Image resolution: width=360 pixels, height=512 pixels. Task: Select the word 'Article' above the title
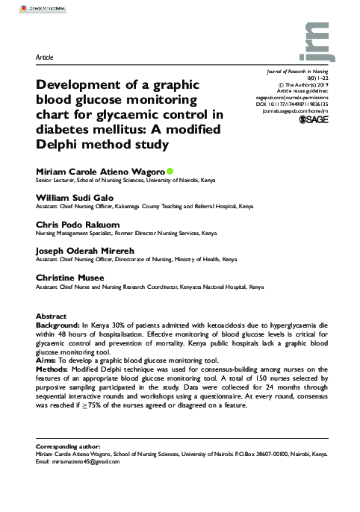point(45,57)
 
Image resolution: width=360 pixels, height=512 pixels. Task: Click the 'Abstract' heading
point(52,317)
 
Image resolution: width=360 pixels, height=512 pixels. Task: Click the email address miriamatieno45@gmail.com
point(82,461)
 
